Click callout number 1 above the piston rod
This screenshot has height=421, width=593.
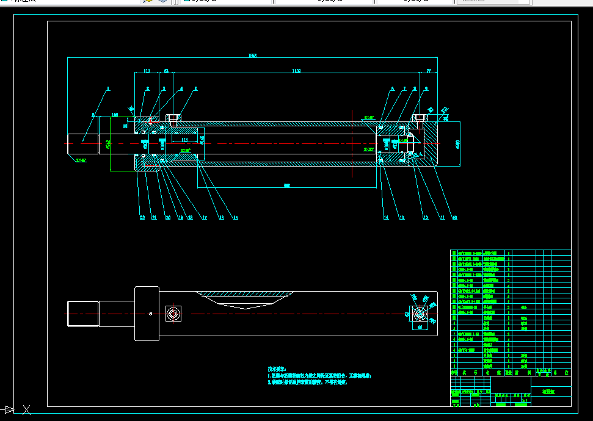tap(108, 89)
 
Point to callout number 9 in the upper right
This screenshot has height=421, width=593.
tap(426, 89)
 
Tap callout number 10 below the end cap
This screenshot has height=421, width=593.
tap(453, 217)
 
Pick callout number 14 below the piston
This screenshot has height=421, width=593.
tap(386, 217)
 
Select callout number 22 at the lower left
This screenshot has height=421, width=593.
tap(142, 217)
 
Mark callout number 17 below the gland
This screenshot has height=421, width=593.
tap(204, 217)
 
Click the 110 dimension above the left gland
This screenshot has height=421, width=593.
tap(147, 71)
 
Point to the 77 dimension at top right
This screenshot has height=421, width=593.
tap(429, 71)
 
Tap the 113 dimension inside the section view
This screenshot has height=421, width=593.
tap(184, 140)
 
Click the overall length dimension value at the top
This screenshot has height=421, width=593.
tap(252, 56)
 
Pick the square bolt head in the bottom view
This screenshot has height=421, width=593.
tap(173, 314)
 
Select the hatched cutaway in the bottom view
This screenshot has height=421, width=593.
tap(244, 298)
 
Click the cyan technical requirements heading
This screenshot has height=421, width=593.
tap(277, 369)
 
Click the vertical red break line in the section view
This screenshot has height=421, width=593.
tap(352, 143)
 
